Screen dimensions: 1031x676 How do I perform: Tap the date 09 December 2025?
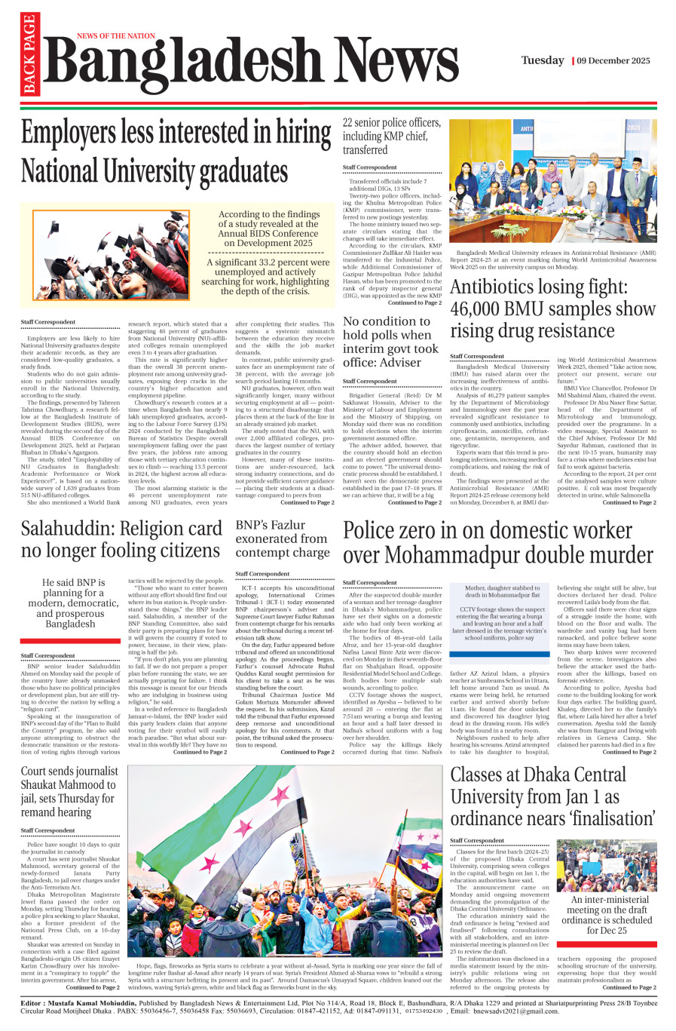613,60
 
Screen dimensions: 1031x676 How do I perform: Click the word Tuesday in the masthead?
543,60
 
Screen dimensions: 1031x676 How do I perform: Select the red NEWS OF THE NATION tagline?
115,35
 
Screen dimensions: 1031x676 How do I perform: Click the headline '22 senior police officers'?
391,136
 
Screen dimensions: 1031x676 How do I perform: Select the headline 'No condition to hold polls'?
390,342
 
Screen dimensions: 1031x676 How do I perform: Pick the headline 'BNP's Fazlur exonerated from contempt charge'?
282,539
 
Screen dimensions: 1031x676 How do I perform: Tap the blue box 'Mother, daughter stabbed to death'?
497,612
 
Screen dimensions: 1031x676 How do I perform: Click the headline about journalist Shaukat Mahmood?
69,792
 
